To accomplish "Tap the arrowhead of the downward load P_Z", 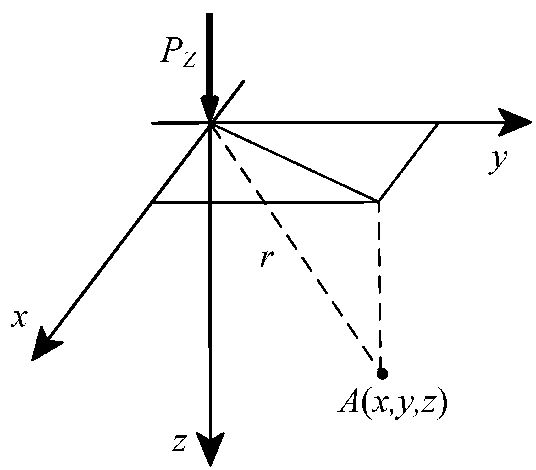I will pyautogui.click(x=210, y=109).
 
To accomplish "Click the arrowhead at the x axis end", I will pyautogui.click(x=44, y=345).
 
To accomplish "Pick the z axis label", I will pyautogui.click(x=179, y=443).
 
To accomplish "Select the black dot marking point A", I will pyautogui.click(x=382, y=374).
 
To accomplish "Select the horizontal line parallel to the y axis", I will pyautogui.click(x=264, y=203).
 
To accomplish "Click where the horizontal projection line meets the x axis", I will pyautogui.click(x=152, y=203).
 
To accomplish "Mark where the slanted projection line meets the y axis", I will pyautogui.click(x=438, y=123).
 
